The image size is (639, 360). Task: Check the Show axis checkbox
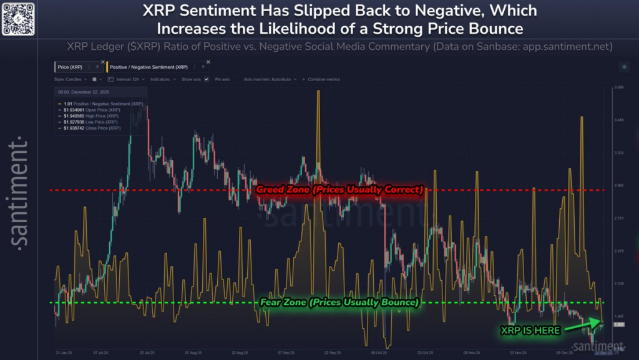click(206, 80)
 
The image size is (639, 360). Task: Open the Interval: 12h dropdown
click(128, 80)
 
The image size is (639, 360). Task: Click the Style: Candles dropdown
click(70, 80)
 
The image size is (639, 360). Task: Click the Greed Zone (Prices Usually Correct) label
click(339, 189)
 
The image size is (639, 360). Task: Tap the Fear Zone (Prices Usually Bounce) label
click(338, 303)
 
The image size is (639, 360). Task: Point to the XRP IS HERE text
click(530, 330)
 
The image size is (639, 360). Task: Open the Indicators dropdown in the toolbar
click(163, 80)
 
